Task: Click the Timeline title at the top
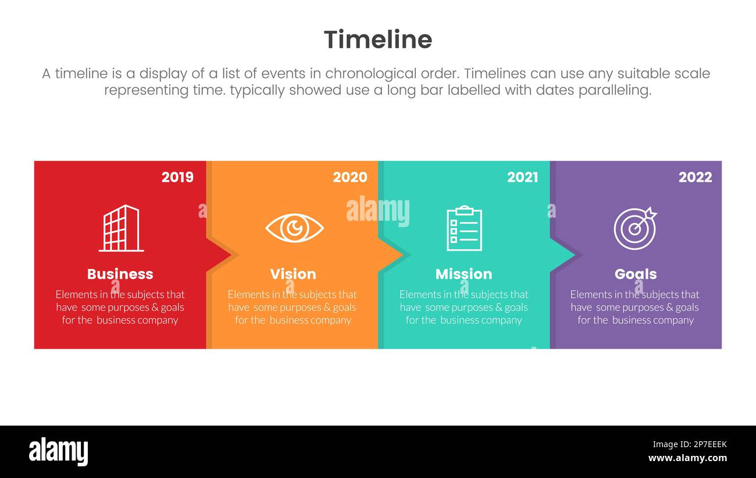[x=378, y=40]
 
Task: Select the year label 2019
[x=177, y=178]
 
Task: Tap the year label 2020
[x=350, y=178]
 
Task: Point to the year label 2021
[x=522, y=178]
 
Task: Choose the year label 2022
[x=695, y=178]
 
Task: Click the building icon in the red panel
[x=121, y=228]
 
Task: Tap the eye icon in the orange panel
[x=294, y=228]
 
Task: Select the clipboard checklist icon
[x=464, y=228]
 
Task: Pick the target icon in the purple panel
[x=634, y=228]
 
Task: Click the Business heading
[x=120, y=274]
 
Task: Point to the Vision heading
[x=293, y=274]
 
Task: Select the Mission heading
[x=463, y=274]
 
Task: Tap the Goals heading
[x=636, y=274]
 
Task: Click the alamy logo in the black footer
[x=58, y=452]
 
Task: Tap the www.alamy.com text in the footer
[x=687, y=458]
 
